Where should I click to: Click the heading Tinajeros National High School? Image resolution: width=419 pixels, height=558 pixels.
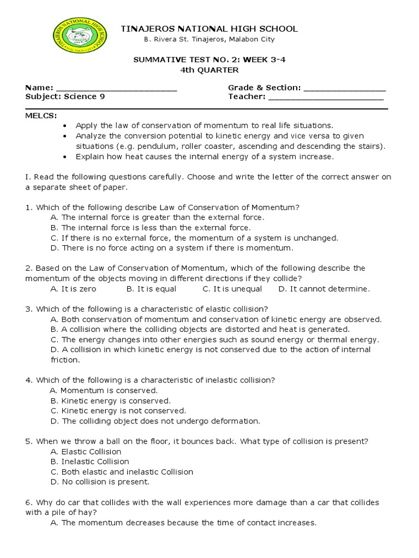[209, 28]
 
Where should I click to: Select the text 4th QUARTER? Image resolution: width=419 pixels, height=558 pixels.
[209, 70]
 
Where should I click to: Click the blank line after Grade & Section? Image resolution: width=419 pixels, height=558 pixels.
[344, 88]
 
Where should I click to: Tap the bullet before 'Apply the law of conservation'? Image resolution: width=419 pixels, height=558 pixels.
[65, 125]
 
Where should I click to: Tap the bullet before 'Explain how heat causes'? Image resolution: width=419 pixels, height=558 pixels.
[65, 157]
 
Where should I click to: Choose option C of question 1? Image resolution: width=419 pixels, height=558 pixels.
[194, 238]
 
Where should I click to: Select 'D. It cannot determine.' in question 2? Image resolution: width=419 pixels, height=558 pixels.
[324, 289]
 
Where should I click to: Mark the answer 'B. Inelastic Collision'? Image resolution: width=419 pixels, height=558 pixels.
[89, 462]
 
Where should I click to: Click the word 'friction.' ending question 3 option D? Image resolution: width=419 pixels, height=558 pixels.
[65, 360]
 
